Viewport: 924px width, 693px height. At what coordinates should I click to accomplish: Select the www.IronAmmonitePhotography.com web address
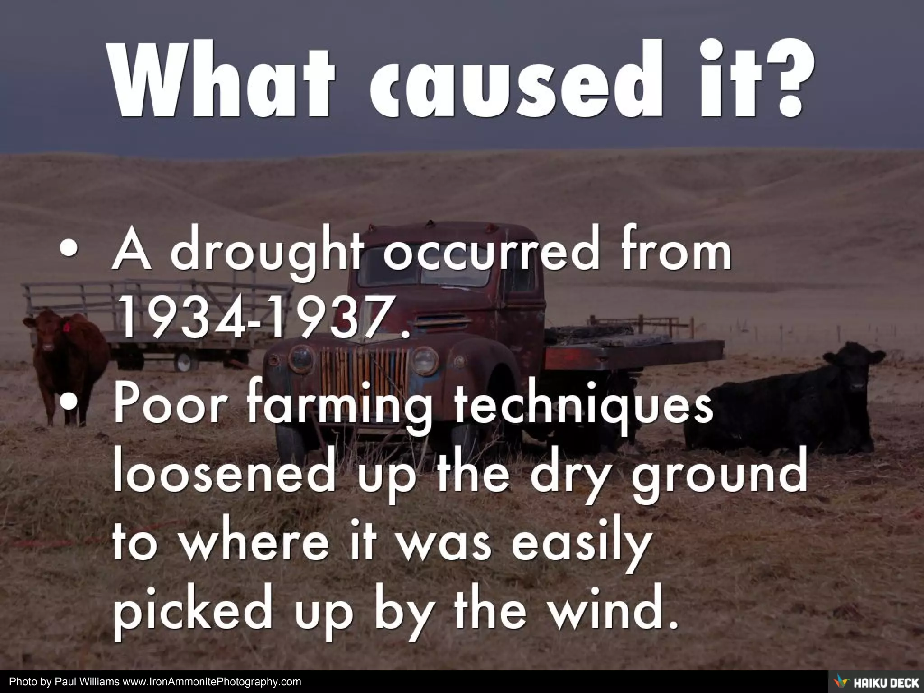point(212,682)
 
